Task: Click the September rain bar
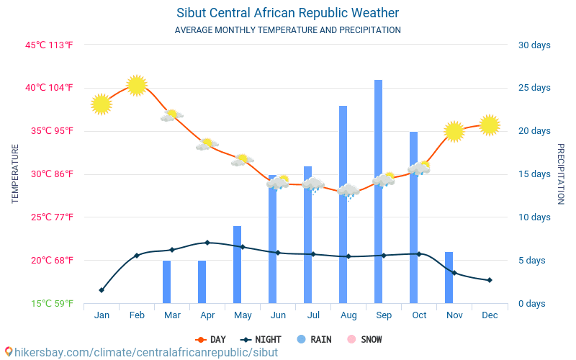point(378,192)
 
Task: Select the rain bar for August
point(343,204)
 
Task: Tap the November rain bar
point(449,277)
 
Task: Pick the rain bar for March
point(166,282)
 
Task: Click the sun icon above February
point(137,85)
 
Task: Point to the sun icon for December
point(490,125)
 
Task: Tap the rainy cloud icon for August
point(348,192)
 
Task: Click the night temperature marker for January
point(102,290)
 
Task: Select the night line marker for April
point(207,243)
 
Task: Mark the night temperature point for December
point(490,280)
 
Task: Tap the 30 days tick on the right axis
point(534,45)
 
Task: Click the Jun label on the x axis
point(278,315)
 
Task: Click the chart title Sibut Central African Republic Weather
point(287,13)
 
